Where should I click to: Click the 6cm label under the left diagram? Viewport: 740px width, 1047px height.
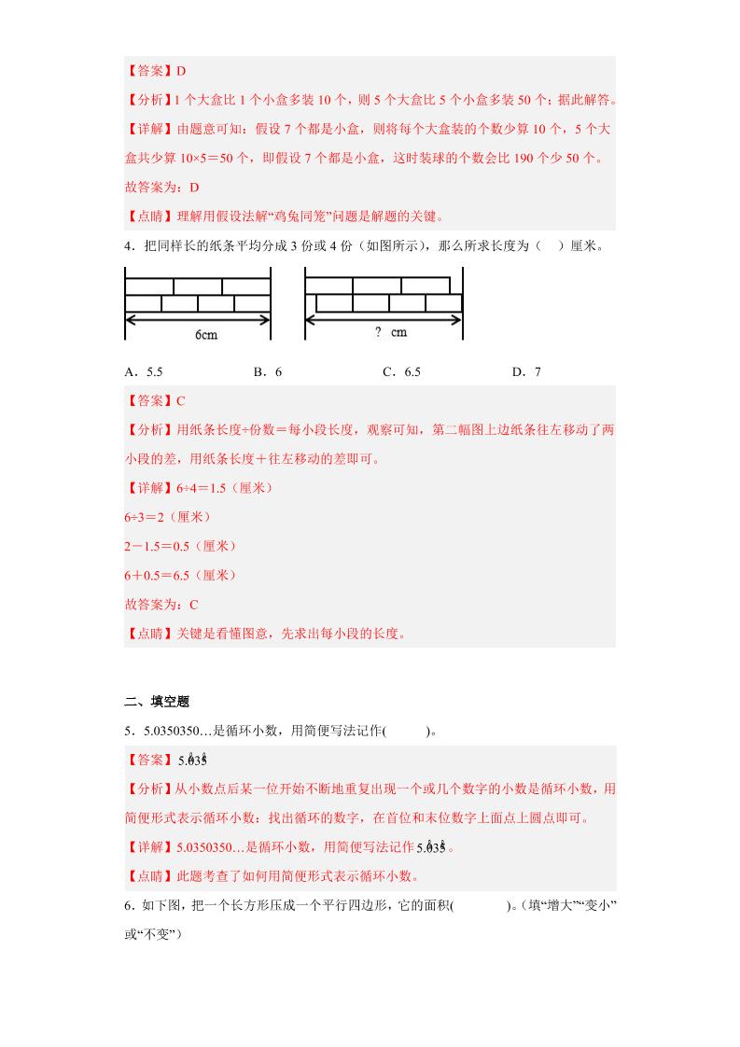pyautogui.click(x=206, y=335)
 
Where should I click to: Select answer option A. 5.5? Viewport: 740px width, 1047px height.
pyautogui.click(x=144, y=371)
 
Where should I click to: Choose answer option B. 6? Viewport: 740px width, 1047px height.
pyautogui.click(x=268, y=371)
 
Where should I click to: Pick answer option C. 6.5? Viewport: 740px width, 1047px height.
pyautogui.click(x=401, y=371)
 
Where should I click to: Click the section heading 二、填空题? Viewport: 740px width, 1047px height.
pyautogui.click(x=157, y=702)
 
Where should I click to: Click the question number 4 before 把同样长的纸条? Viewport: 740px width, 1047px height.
pyautogui.click(x=128, y=246)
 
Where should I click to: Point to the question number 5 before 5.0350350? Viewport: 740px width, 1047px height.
pyautogui.click(x=128, y=732)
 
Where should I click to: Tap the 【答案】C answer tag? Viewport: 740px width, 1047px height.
pyautogui.click(x=155, y=400)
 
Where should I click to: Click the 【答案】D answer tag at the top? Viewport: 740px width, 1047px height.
pyautogui.click(x=155, y=70)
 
